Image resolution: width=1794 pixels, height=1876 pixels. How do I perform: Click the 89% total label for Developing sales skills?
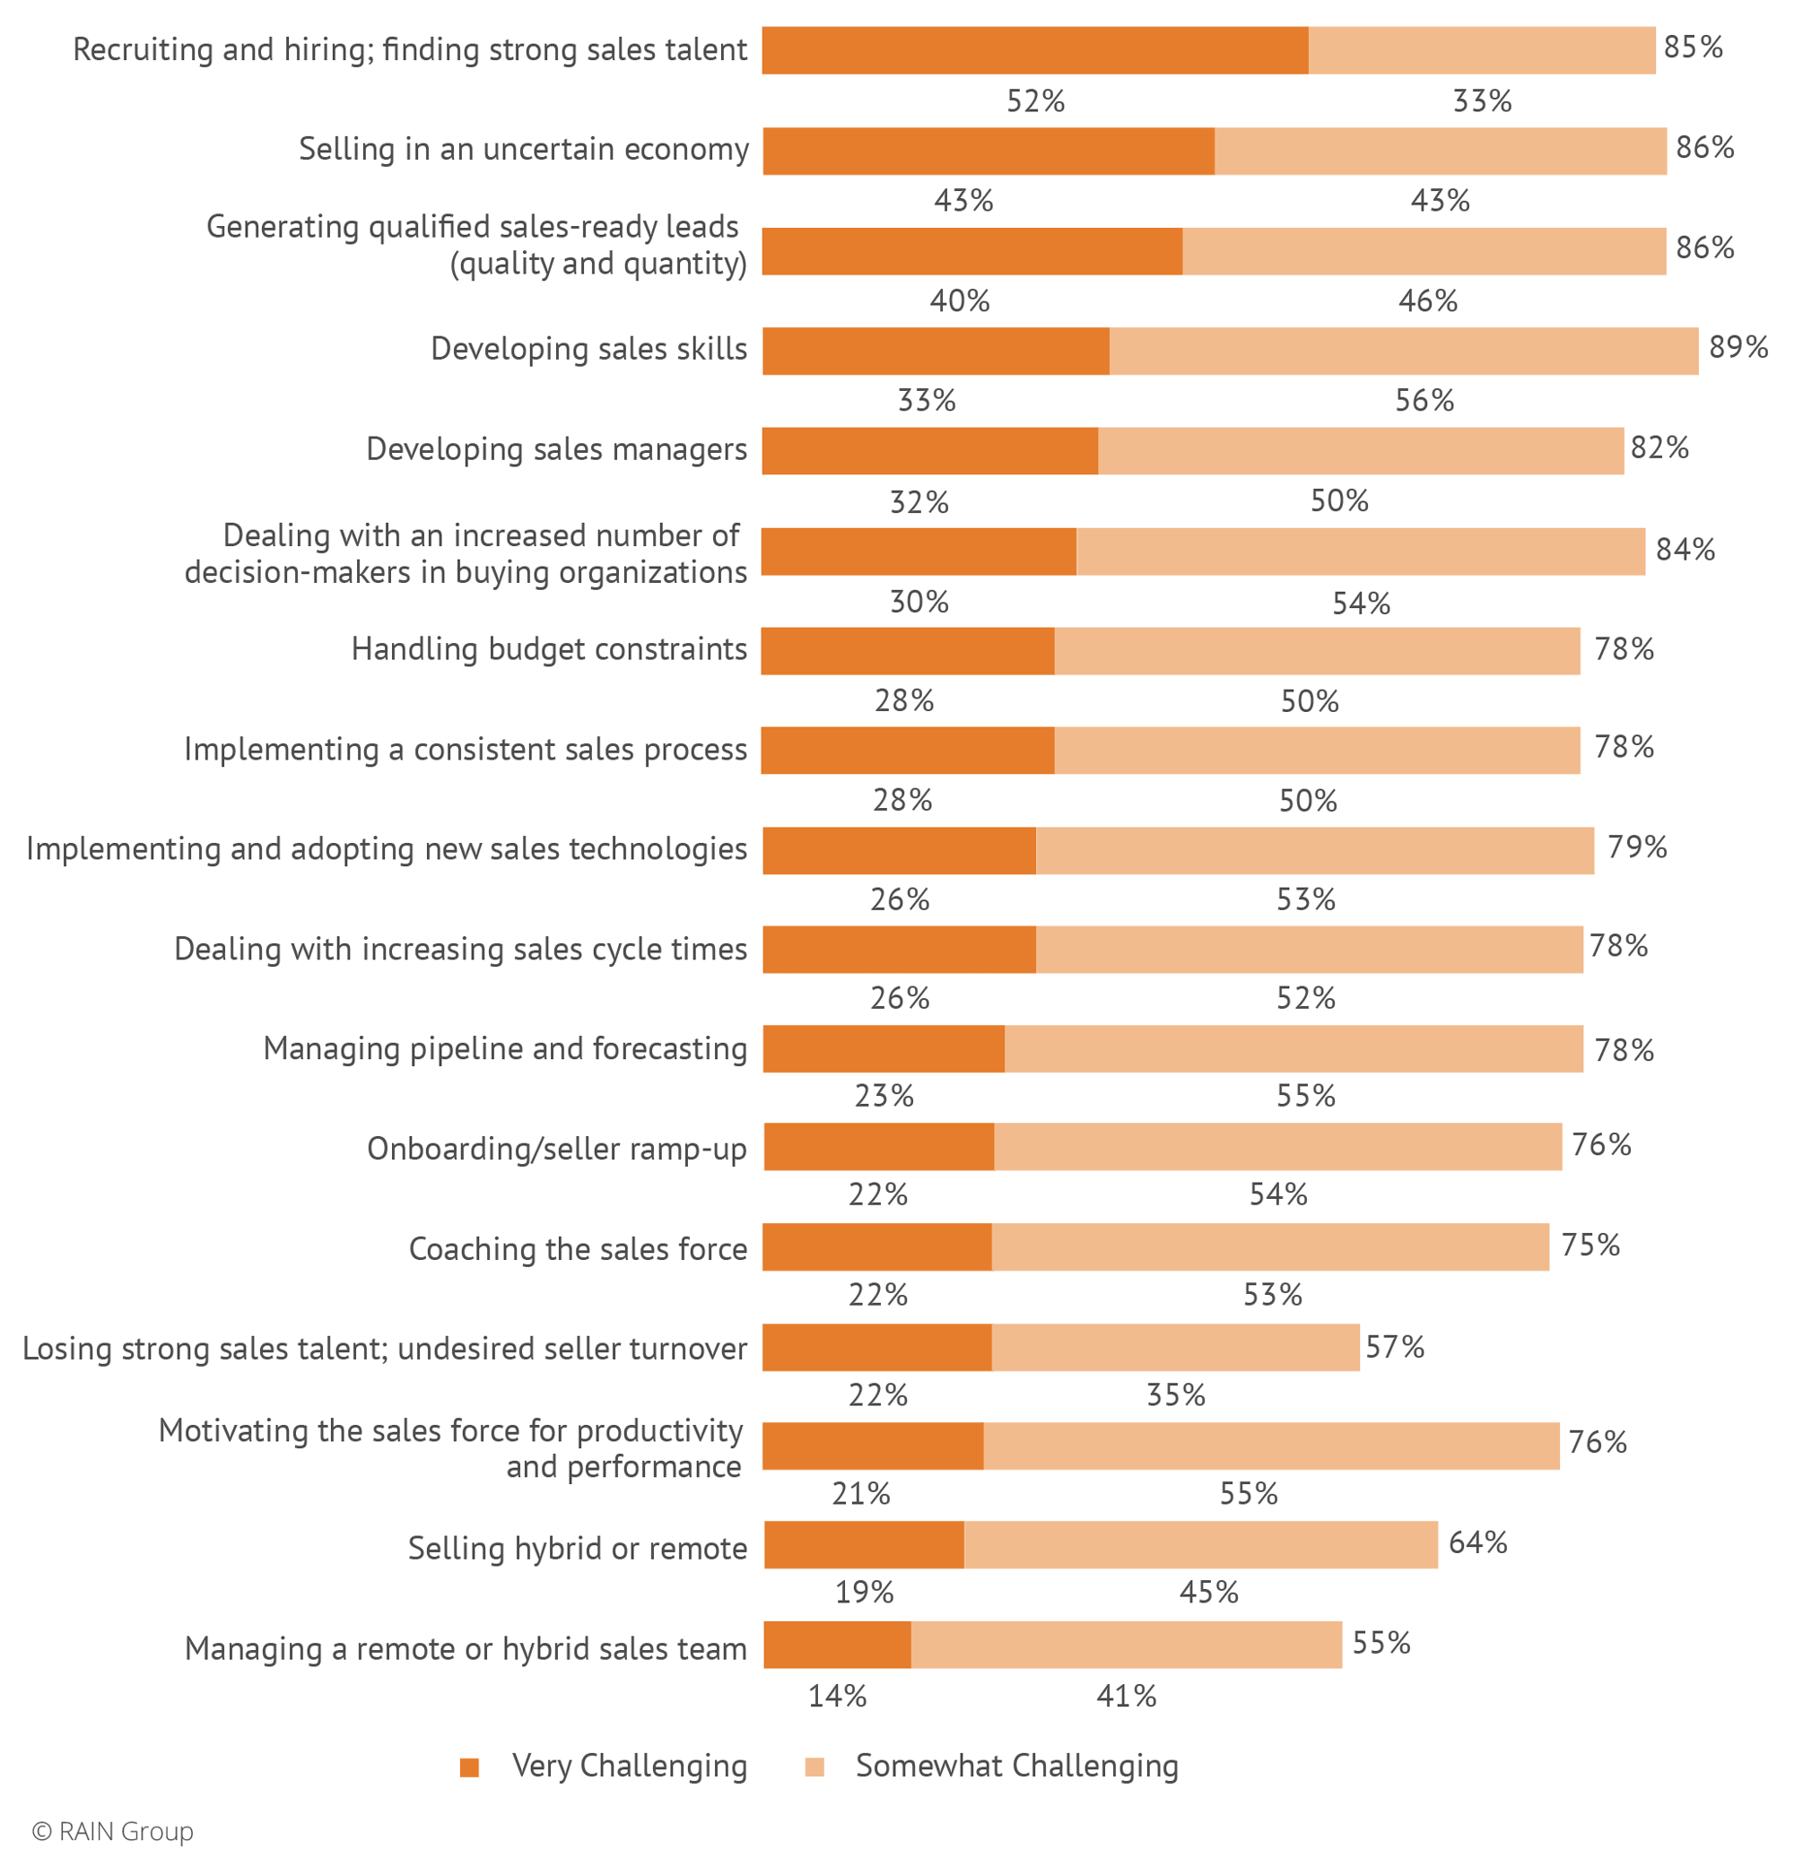coord(1737,347)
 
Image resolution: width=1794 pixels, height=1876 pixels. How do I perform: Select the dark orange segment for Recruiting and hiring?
coord(1035,51)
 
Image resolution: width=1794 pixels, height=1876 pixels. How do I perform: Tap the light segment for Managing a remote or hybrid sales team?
coord(1126,1645)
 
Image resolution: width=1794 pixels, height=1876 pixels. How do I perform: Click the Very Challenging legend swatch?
coord(468,1767)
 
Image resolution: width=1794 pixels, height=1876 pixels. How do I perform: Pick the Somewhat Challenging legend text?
coord(1016,1765)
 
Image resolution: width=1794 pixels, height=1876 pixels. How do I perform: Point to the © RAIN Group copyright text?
coord(113,1831)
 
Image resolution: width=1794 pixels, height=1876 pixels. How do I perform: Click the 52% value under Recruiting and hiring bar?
coord(1035,101)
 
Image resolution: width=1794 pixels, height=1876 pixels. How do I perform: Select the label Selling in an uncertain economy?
coord(523,149)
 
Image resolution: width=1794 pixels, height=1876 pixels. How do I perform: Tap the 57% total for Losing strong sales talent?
coord(1394,1347)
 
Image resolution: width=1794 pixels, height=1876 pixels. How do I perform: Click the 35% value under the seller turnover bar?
coord(1175,1395)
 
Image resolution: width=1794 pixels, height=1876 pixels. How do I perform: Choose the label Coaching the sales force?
coord(578,1249)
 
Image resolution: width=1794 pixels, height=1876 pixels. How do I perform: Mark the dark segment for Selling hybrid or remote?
coord(864,1544)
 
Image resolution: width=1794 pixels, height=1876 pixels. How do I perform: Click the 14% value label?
coord(837,1697)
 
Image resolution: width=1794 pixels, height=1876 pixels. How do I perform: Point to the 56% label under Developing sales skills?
coord(1424,401)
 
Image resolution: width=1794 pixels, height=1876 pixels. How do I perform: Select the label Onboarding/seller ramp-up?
coord(556,1149)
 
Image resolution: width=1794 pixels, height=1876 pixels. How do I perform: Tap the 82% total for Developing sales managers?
coord(1659,447)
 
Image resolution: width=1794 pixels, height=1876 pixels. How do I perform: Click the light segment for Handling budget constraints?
coord(1316,651)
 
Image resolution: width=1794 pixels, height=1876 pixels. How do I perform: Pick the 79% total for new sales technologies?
coord(1636,847)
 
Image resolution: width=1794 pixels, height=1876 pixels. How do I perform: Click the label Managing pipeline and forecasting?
coord(505,1049)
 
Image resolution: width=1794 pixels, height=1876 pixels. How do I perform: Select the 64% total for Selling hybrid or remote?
coord(1477,1542)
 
